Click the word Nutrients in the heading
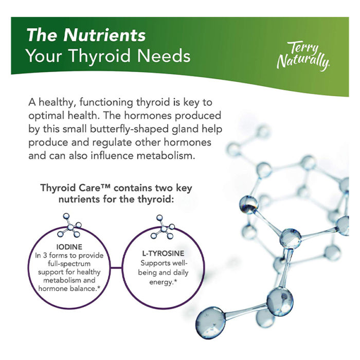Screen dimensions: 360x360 coord(104,35)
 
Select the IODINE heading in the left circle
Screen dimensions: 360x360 coord(69,247)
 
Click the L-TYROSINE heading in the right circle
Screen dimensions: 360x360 coord(163,254)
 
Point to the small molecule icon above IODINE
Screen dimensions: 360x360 coord(69,225)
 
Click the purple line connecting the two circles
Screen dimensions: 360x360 coord(116,267)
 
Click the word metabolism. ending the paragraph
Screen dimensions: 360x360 coord(166,156)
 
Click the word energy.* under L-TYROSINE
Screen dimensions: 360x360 coord(163,282)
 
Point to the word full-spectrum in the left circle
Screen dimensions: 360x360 coord(69,264)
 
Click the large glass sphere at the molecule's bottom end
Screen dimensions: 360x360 coord(210,322)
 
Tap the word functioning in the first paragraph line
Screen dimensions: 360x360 coord(106,103)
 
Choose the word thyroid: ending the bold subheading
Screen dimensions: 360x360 coord(156,200)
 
